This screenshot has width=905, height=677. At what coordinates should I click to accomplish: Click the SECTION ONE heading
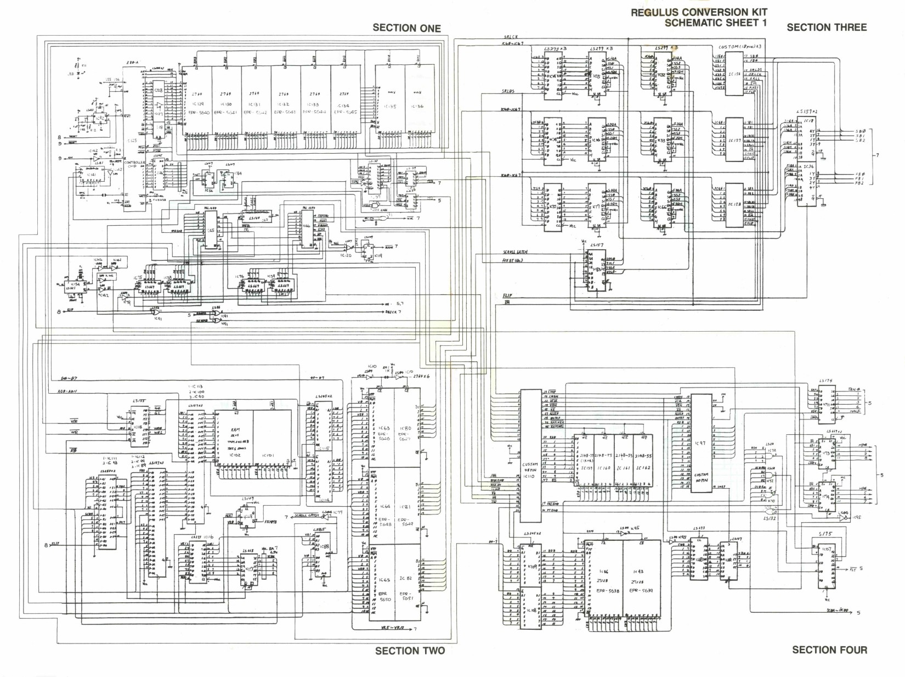406,28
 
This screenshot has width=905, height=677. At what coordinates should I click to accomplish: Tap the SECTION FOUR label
829,650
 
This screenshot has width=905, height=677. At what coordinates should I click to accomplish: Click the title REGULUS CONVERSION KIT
699,12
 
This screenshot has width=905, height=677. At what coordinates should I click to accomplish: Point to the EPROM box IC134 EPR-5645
344,104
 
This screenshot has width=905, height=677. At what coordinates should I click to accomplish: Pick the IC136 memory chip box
418,104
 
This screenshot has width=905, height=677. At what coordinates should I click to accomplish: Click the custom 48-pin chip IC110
529,456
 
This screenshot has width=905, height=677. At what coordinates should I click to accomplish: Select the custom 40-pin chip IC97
700,443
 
